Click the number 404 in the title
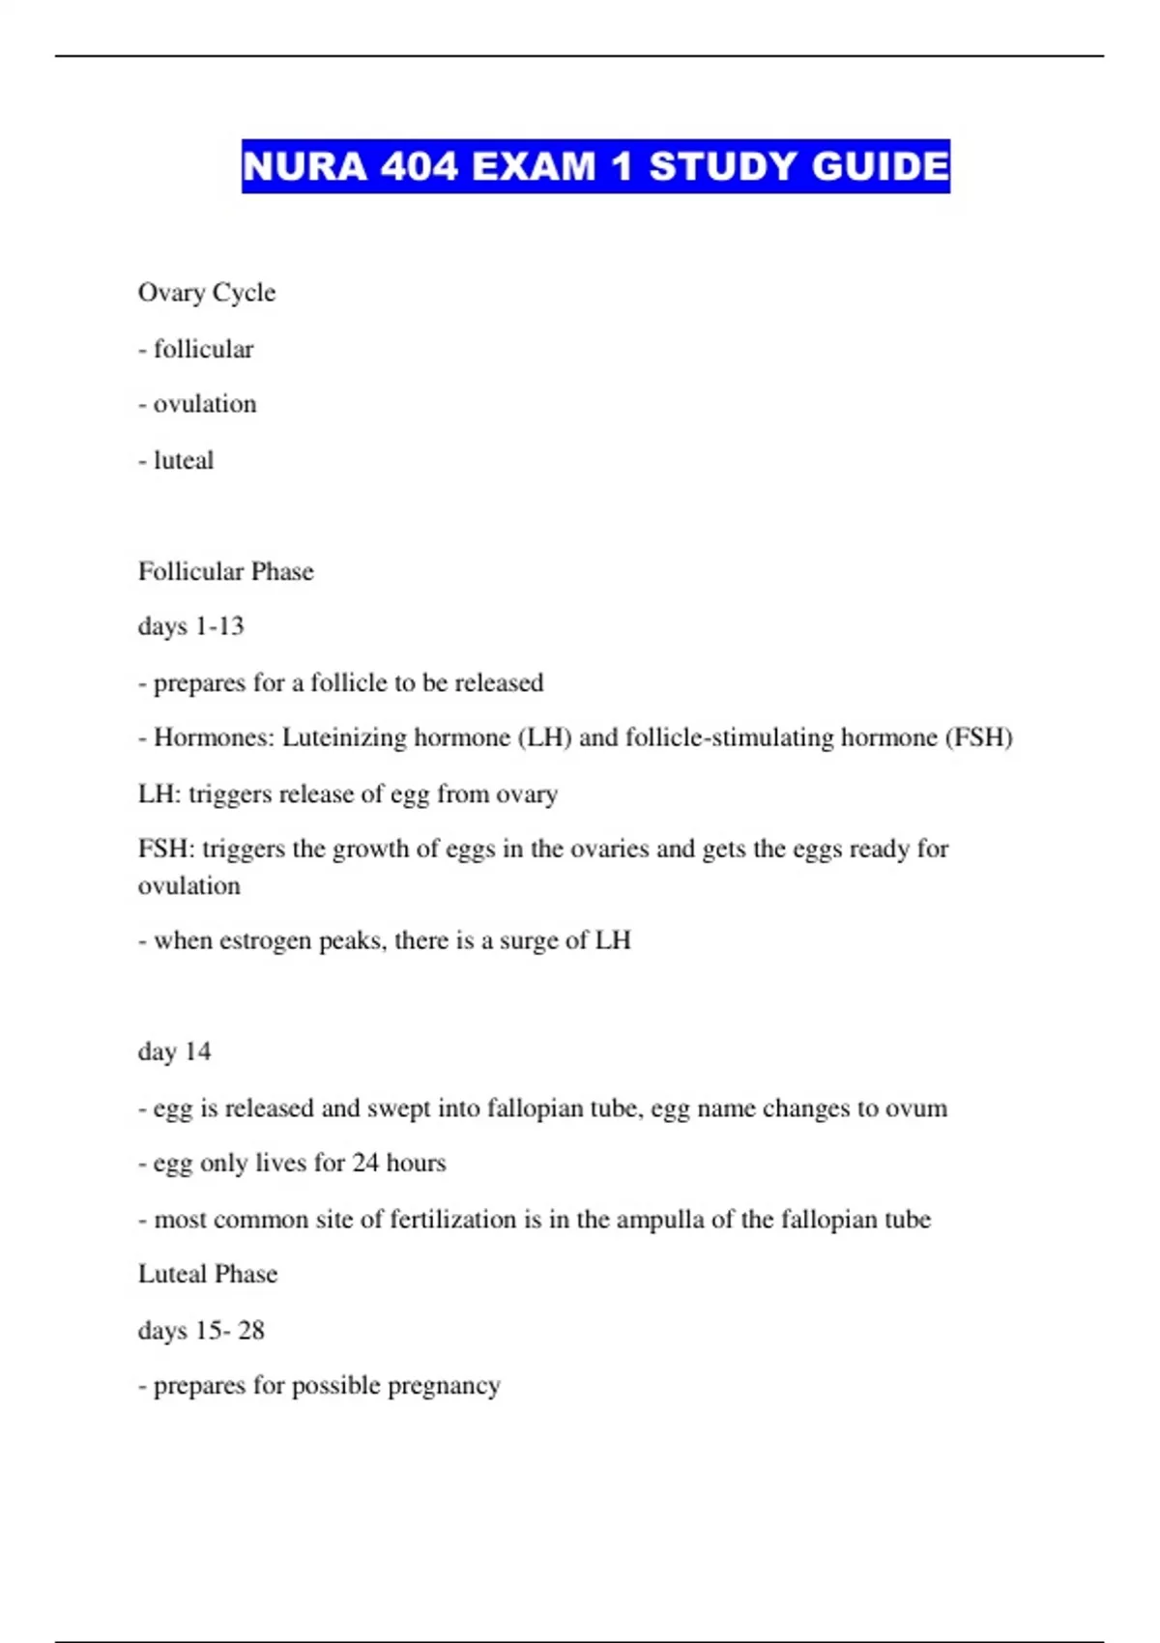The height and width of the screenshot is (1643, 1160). (420, 166)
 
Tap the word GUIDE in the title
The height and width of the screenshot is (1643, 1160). (880, 166)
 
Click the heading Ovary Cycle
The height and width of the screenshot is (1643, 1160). (207, 293)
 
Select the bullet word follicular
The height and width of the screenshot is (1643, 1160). (203, 349)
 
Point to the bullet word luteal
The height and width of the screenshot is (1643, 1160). (184, 460)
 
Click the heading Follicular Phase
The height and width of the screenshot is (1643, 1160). (226, 571)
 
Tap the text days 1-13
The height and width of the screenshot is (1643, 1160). (191, 626)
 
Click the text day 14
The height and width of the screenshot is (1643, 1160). (174, 1052)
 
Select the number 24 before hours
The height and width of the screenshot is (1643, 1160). (365, 1163)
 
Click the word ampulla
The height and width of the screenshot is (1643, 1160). (660, 1220)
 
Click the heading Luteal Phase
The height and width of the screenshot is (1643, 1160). (208, 1274)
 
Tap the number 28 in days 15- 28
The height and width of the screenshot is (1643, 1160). (251, 1331)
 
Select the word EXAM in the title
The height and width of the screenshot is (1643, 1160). (535, 166)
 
